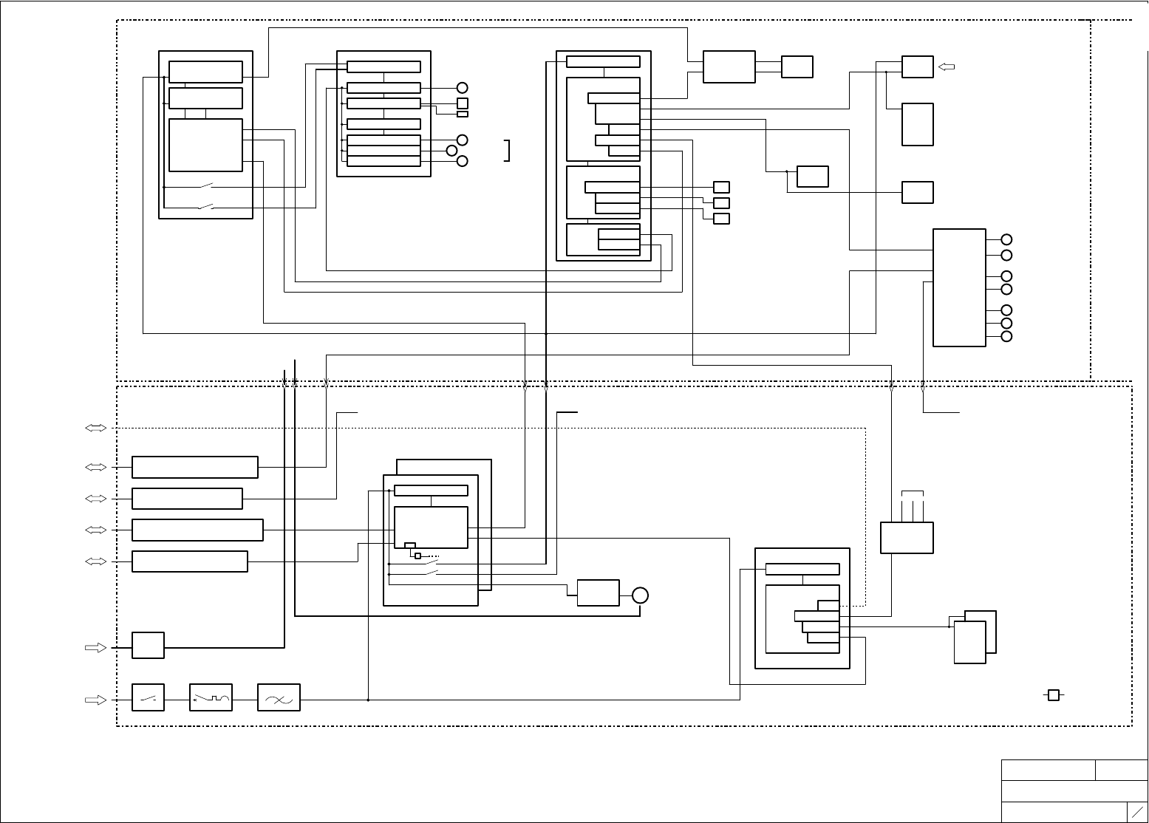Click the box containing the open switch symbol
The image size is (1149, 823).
click(148, 697)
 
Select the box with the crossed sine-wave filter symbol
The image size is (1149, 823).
click(279, 697)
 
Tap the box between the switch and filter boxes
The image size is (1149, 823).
click(211, 697)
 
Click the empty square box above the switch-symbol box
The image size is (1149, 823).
click(148, 645)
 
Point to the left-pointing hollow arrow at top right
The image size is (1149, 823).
click(947, 67)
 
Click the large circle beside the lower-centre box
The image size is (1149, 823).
click(640, 595)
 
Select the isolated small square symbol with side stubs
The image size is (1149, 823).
click(1054, 695)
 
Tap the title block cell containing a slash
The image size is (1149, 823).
click(1137, 810)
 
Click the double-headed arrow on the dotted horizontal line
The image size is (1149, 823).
click(96, 428)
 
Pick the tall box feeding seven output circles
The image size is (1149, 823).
click(959, 287)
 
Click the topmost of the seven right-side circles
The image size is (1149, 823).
click(1006, 239)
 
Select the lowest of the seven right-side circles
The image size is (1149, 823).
click(1006, 337)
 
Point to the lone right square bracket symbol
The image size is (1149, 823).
click(507, 150)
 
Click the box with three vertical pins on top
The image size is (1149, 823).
click(907, 538)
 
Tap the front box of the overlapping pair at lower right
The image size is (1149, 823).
click(969, 642)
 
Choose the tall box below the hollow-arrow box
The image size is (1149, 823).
click(917, 124)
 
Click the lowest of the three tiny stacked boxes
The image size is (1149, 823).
click(721, 219)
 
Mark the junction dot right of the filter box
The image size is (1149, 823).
click(368, 699)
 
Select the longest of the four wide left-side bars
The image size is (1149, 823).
click(197, 530)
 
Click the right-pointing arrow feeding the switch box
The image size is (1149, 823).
click(96, 699)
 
